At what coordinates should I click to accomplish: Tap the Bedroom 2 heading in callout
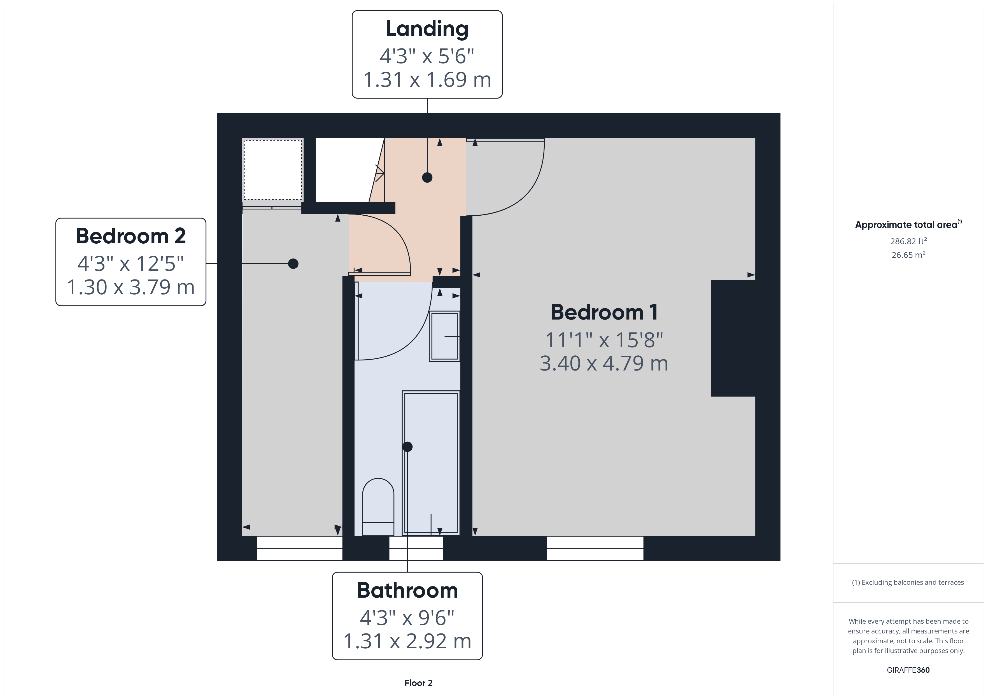(x=131, y=236)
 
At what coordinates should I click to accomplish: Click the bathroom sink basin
(x=444, y=336)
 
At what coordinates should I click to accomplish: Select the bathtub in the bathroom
(x=431, y=463)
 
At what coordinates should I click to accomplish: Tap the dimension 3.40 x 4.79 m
(x=604, y=363)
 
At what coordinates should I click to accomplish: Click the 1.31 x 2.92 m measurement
(x=407, y=641)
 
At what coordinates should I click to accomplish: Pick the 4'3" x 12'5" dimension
(x=131, y=264)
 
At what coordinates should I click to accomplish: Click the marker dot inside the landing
(x=427, y=177)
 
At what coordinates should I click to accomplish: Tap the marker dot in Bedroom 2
(x=293, y=264)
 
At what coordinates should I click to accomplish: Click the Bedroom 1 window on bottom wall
(x=595, y=548)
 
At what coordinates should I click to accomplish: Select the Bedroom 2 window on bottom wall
(x=299, y=548)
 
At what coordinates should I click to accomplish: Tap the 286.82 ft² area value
(x=908, y=241)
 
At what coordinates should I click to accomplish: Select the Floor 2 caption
(x=418, y=683)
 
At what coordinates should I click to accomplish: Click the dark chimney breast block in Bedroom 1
(x=733, y=338)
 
